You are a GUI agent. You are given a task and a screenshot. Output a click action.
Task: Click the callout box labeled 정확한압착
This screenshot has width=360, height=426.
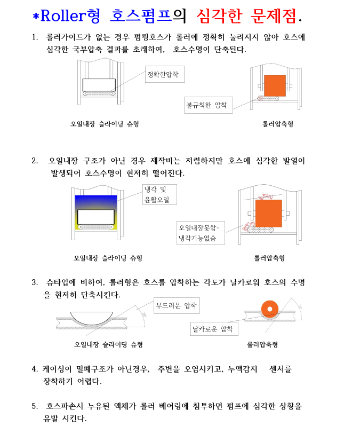pos(165,75)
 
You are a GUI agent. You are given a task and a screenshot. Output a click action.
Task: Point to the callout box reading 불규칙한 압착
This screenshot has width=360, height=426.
pos(209,105)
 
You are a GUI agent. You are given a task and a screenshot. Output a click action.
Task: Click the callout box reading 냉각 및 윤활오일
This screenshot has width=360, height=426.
pos(158,195)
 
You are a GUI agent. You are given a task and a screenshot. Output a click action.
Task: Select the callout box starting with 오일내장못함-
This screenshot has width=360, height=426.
pos(201,233)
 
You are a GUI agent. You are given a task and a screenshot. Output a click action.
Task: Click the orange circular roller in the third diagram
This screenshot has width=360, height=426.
pos(270,309)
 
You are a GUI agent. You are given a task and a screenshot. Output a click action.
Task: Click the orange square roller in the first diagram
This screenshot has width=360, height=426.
pos(275,85)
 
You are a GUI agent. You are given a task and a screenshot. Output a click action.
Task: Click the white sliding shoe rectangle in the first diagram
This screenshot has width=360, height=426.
pos(99,84)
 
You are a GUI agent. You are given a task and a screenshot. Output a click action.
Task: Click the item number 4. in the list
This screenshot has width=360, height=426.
pos(35,369)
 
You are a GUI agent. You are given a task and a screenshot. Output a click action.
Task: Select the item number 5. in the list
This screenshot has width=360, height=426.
pos(35,406)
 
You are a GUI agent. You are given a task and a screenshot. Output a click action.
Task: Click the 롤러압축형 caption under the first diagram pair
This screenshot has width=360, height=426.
pos(277,124)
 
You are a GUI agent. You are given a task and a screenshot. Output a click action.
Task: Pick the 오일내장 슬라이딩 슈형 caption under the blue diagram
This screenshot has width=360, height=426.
pos(108,258)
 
